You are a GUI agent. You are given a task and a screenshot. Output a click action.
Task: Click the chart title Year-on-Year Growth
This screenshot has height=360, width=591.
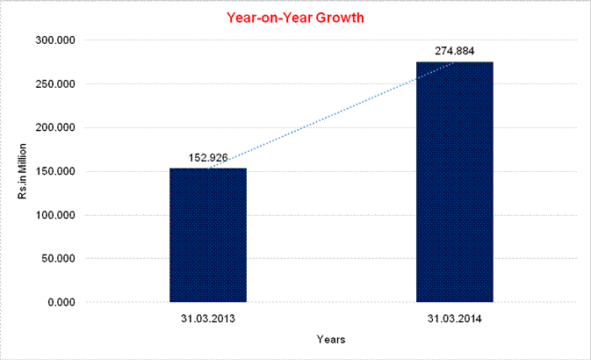[295, 17]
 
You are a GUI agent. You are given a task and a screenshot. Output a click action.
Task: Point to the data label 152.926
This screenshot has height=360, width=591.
[208, 158]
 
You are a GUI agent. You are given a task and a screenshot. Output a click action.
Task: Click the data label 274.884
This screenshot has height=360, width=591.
[454, 51]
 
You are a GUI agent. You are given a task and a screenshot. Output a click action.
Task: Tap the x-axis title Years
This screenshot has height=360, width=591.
[331, 339]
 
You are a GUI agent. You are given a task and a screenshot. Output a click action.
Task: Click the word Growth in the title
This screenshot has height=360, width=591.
[339, 17]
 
